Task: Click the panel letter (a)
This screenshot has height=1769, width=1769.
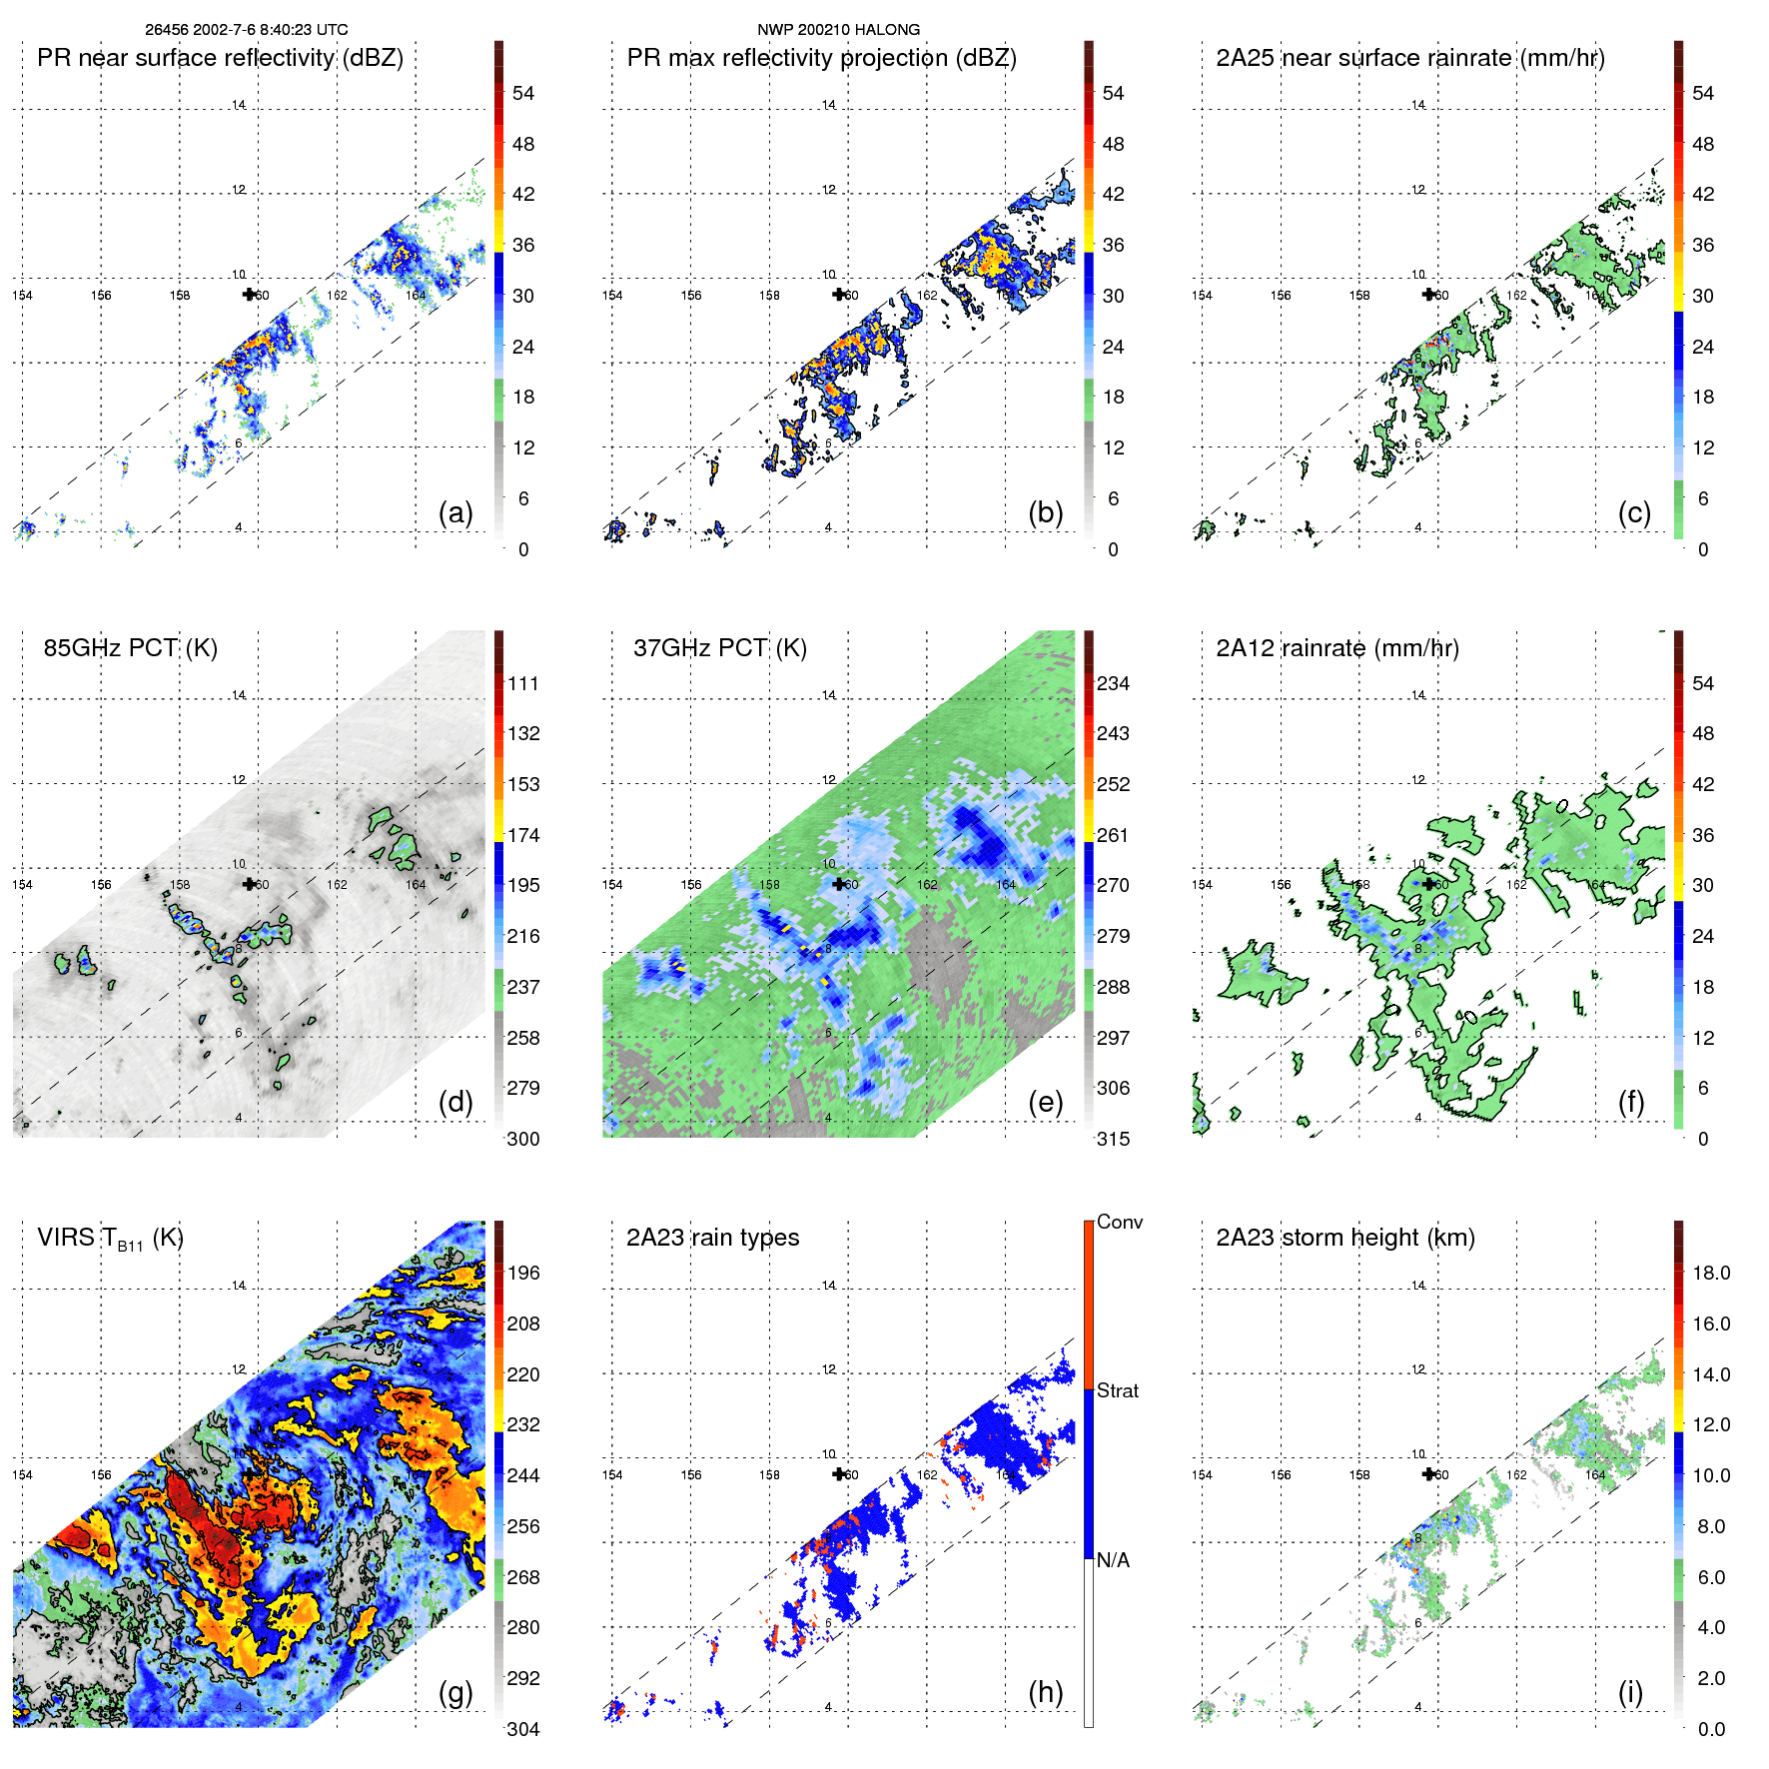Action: tap(455, 513)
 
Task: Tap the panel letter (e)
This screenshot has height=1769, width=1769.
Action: tap(1045, 1103)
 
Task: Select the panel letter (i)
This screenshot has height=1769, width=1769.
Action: tap(1630, 1692)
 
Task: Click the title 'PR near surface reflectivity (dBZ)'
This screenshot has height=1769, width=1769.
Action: tap(220, 58)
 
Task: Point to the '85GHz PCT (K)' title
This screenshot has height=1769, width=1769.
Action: tap(130, 648)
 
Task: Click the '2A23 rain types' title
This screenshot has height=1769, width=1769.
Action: tap(712, 1238)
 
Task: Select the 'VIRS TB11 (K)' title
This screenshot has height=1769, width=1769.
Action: tap(110, 1239)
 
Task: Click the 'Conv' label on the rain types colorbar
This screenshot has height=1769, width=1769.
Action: tap(1119, 1222)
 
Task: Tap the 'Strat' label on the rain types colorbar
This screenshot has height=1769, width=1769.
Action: tap(1117, 1390)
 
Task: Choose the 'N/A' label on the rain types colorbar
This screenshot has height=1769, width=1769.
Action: tap(1113, 1560)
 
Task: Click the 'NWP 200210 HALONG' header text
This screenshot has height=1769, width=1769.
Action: tap(838, 30)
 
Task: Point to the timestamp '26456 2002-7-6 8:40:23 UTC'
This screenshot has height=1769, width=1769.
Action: tap(247, 30)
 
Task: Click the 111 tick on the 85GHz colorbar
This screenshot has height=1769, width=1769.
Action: tap(523, 683)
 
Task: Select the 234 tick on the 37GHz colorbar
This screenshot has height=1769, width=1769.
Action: tap(1113, 683)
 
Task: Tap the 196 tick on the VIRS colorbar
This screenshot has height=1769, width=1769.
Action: tap(523, 1273)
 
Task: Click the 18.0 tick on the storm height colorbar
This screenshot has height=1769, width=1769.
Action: tap(1710, 1273)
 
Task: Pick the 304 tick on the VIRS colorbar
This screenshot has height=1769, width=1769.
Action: tap(523, 1729)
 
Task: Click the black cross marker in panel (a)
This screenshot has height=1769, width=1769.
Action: tap(249, 294)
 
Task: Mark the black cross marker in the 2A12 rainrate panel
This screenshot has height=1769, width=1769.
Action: tap(1428, 883)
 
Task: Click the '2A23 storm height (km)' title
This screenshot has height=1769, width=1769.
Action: tap(1344, 1238)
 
